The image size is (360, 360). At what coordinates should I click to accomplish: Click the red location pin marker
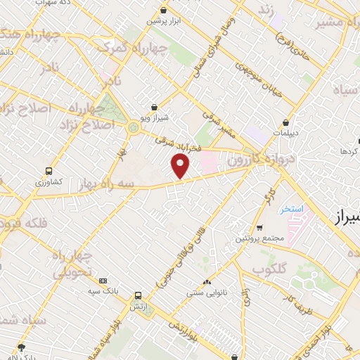(x=181, y=166)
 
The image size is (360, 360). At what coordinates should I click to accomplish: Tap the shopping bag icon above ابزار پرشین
(x=164, y=11)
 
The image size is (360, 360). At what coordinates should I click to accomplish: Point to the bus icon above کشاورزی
(x=49, y=171)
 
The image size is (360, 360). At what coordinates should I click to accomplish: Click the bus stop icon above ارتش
(x=138, y=296)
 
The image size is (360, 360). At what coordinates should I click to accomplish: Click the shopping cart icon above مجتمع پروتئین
(x=259, y=228)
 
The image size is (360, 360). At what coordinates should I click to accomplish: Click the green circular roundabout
(x=133, y=128)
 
